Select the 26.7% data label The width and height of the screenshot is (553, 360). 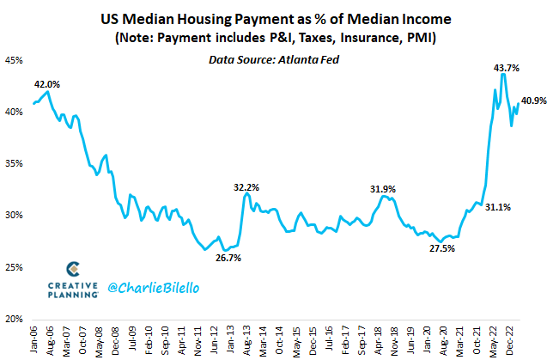click(228, 258)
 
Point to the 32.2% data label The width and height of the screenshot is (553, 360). click(247, 186)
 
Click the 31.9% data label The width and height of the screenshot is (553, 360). click(383, 189)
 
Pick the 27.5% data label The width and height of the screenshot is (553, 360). click(441, 249)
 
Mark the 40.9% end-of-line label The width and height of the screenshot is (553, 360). click(534, 101)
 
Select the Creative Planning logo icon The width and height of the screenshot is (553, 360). click(73, 269)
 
